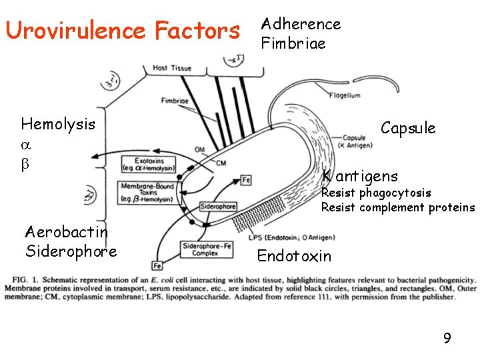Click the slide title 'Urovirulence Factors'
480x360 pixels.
tap(122, 31)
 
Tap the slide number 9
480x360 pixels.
tap(447, 339)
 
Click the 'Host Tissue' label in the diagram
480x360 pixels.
tap(172, 68)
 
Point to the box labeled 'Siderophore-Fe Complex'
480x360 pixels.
tap(207, 249)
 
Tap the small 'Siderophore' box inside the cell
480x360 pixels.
tap(218, 207)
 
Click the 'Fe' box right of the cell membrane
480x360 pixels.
tap(246, 179)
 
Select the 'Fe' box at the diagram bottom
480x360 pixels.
tap(157, 265)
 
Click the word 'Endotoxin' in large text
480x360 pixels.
tap(293, 256)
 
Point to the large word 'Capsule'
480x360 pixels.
tap(408, 128)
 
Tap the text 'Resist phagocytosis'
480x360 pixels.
tap(376, 193)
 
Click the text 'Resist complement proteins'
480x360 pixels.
tap(398, 207)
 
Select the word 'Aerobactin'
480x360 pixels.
tap(66, 232)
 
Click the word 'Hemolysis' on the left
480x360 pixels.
tap(58, 124)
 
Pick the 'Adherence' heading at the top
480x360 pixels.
tap(301, 25)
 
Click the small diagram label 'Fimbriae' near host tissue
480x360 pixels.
tap(175, 101)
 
